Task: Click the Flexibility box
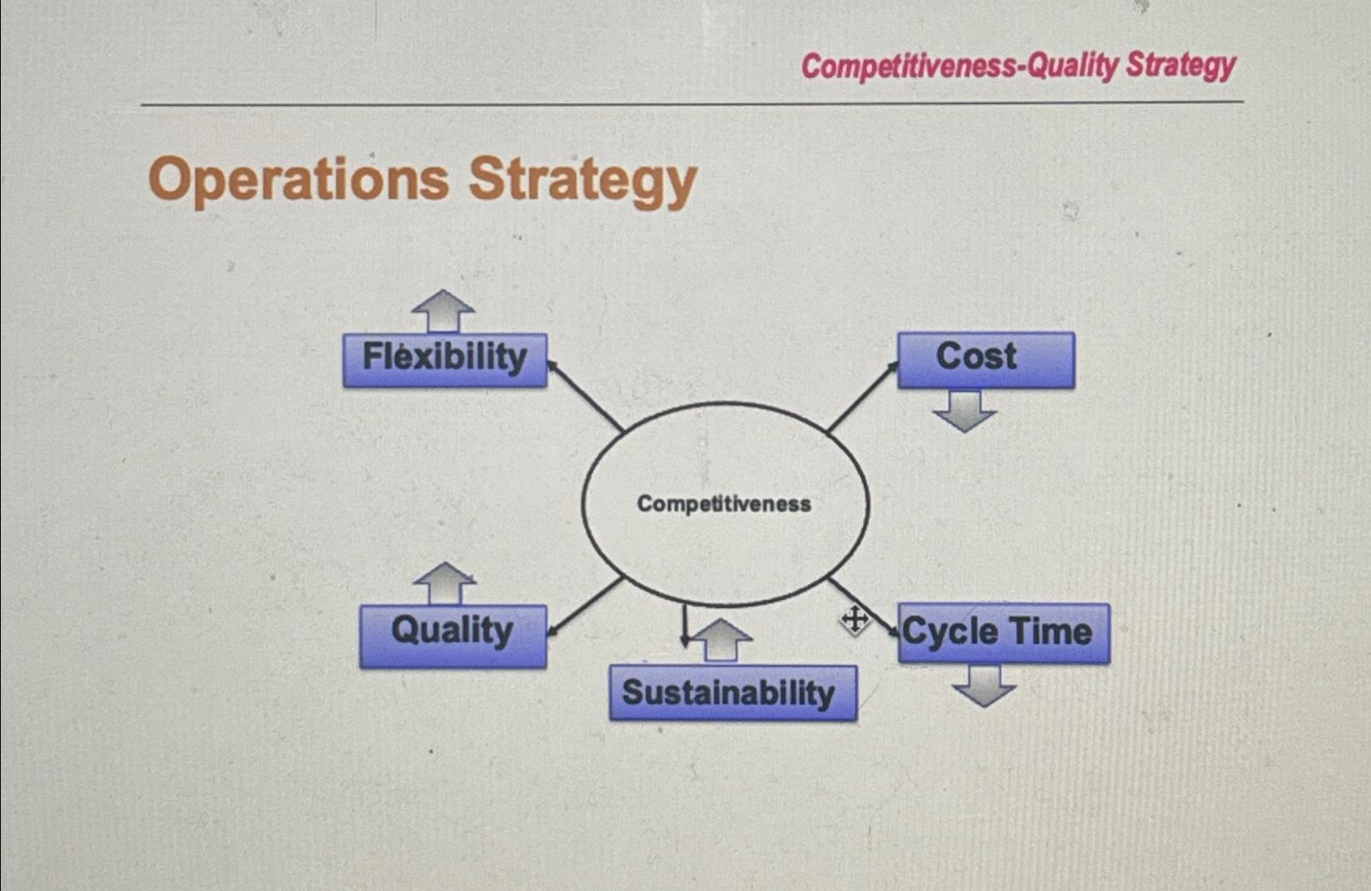click(x=444, y=359)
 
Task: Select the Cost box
click(x=985, y=359)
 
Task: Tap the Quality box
click(x=453, y=635)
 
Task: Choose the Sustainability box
click(x=732, y=693)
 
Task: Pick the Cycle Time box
click(x=1002, y=632)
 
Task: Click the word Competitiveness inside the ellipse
click(x=723, y=504)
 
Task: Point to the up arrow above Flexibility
click(x=443, y=311)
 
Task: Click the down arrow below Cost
click(x=964, y=411)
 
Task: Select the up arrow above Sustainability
click(x=721, y=640)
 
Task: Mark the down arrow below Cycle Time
click(x=985, y=685)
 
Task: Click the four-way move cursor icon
click(x=854, y=621)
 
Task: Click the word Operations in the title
click(x=299, y=180)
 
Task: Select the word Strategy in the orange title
click(x=583, y=180)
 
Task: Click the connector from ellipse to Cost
click(x=861, y=398)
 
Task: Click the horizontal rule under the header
click(x=692, y=104)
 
